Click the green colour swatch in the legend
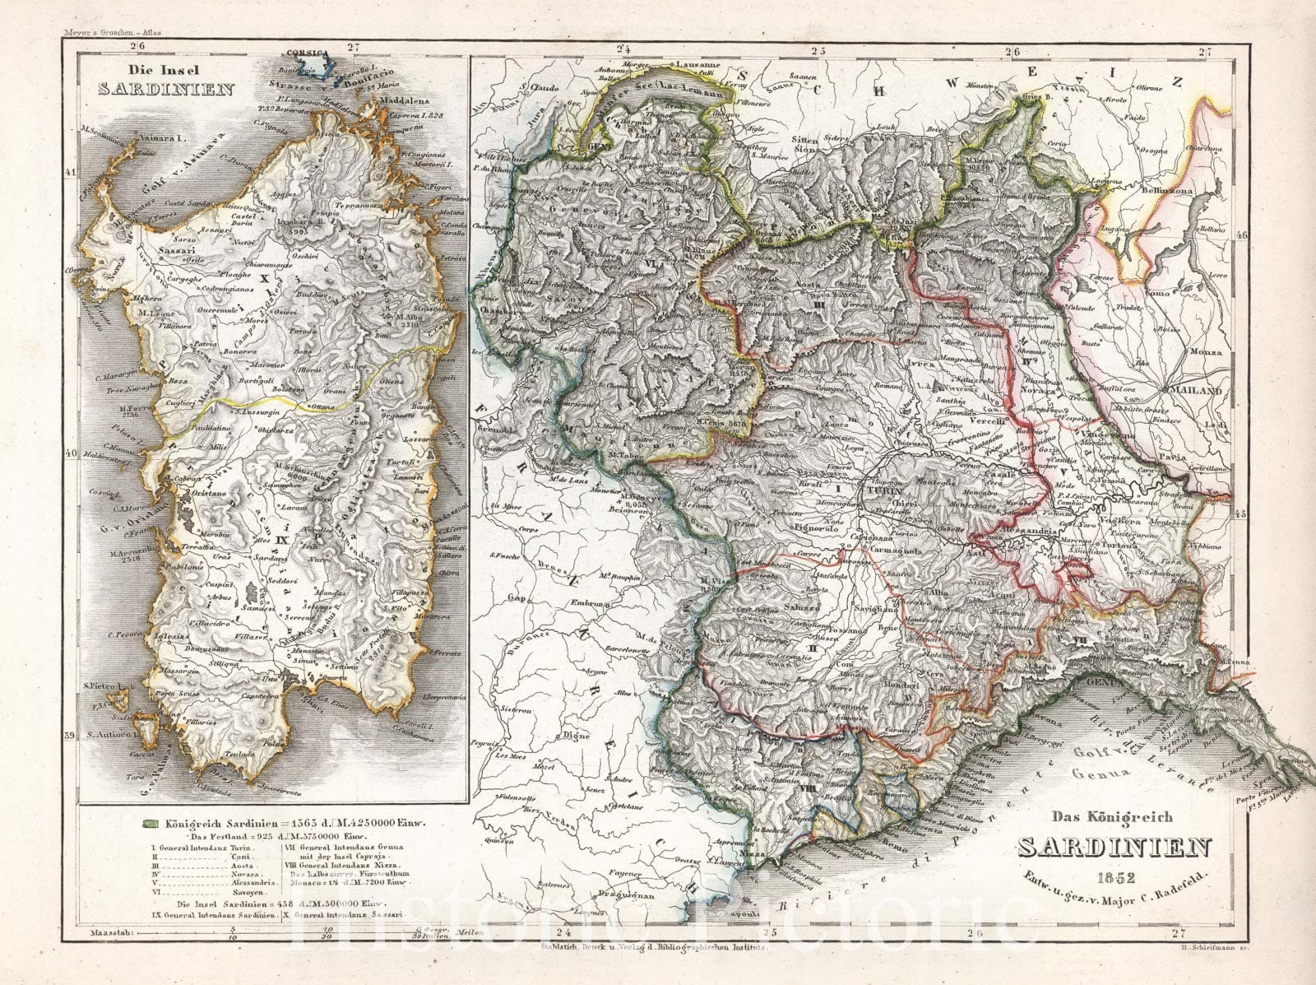coord(150,822)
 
